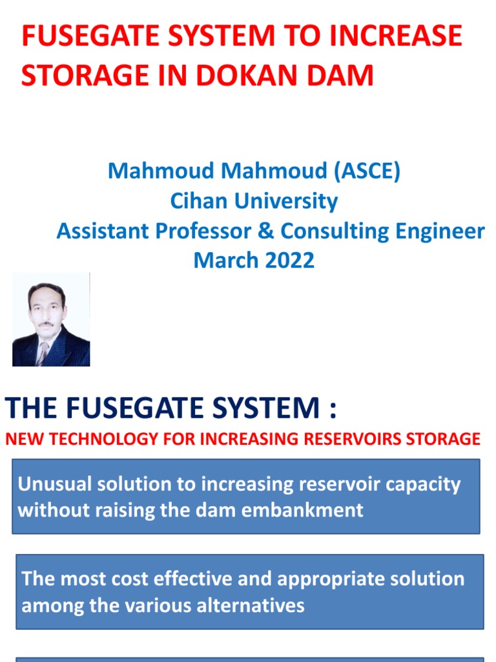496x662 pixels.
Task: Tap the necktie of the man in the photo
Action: pos(43,353)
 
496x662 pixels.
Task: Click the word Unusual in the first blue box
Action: pos(54,484)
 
